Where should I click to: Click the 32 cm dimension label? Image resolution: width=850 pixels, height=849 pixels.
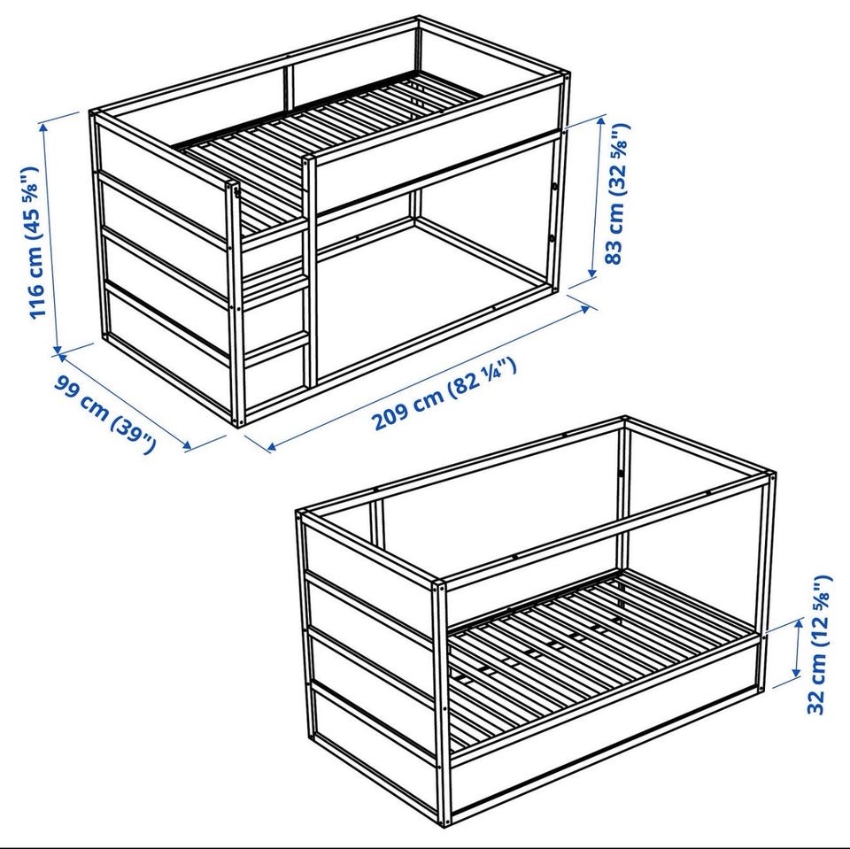(x=818, y=644)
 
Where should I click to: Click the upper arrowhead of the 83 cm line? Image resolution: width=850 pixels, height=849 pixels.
(x=600, y=121)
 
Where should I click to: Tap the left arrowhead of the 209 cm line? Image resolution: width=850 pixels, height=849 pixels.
(x=273, y=446)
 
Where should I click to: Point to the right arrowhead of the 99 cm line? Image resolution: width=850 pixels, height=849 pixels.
(x=187, y=445)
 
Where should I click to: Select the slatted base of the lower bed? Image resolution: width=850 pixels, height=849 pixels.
(x=596, y=651)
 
